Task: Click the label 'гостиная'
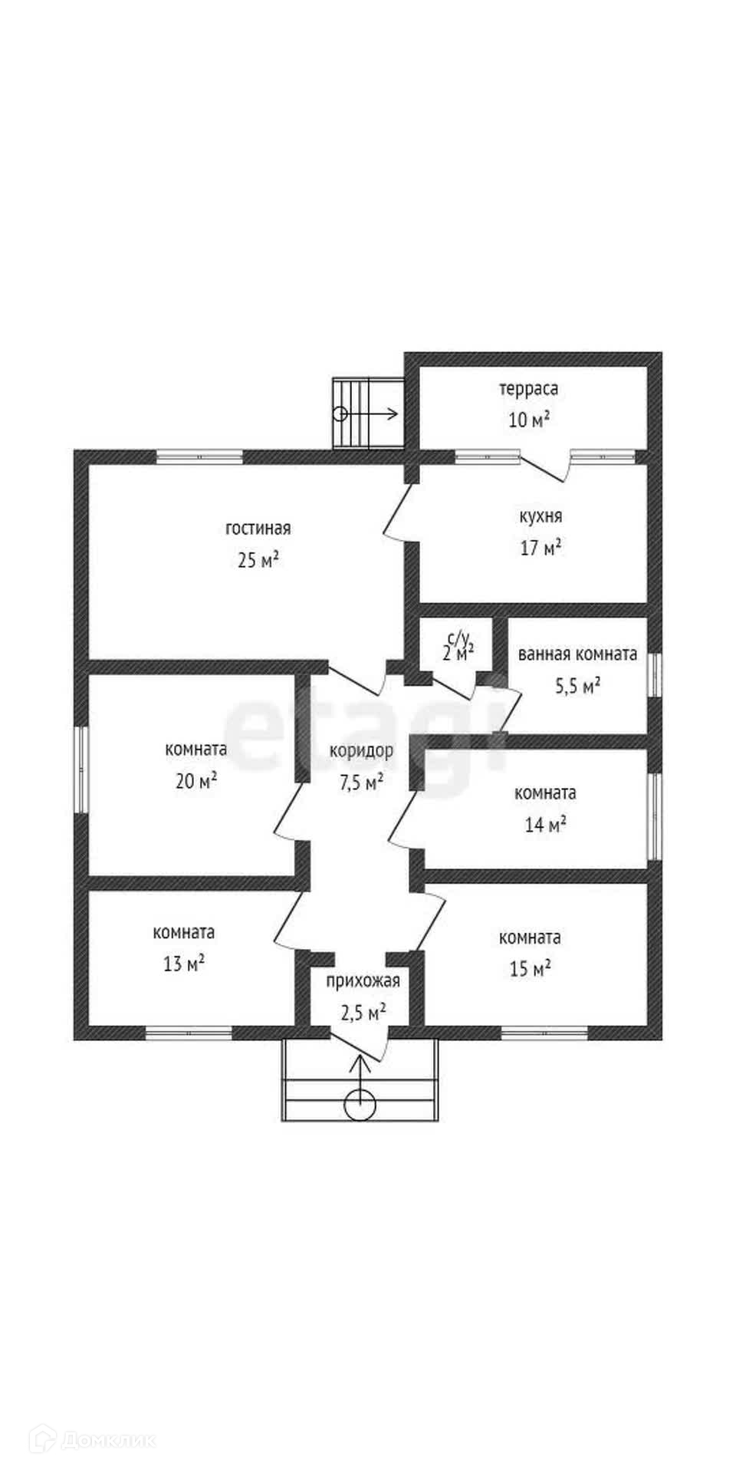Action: [x=258, y=529]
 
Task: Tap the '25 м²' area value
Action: [x=258, y=560]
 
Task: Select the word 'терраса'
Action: [x=529, y=389]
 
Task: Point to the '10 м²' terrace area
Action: [x=529, y=420]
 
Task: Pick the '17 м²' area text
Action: [x=540, y=548]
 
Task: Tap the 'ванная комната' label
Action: [x=577, y=654]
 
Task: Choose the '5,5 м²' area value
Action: [x=577, y=686]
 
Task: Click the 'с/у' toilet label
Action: [x=458, y=638]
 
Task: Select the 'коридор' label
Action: [x=361, y=751]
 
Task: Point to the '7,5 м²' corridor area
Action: [x=361, y=783]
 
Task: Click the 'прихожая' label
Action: [x=363, y=980]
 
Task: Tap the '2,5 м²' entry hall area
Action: [x=363, y=1013]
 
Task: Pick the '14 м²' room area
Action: [x=545, y=825]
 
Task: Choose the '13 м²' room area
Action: [x=184, y=964]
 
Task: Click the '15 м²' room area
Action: [x=530, y=969]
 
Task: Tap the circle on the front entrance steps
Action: [x=360, y=1106]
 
